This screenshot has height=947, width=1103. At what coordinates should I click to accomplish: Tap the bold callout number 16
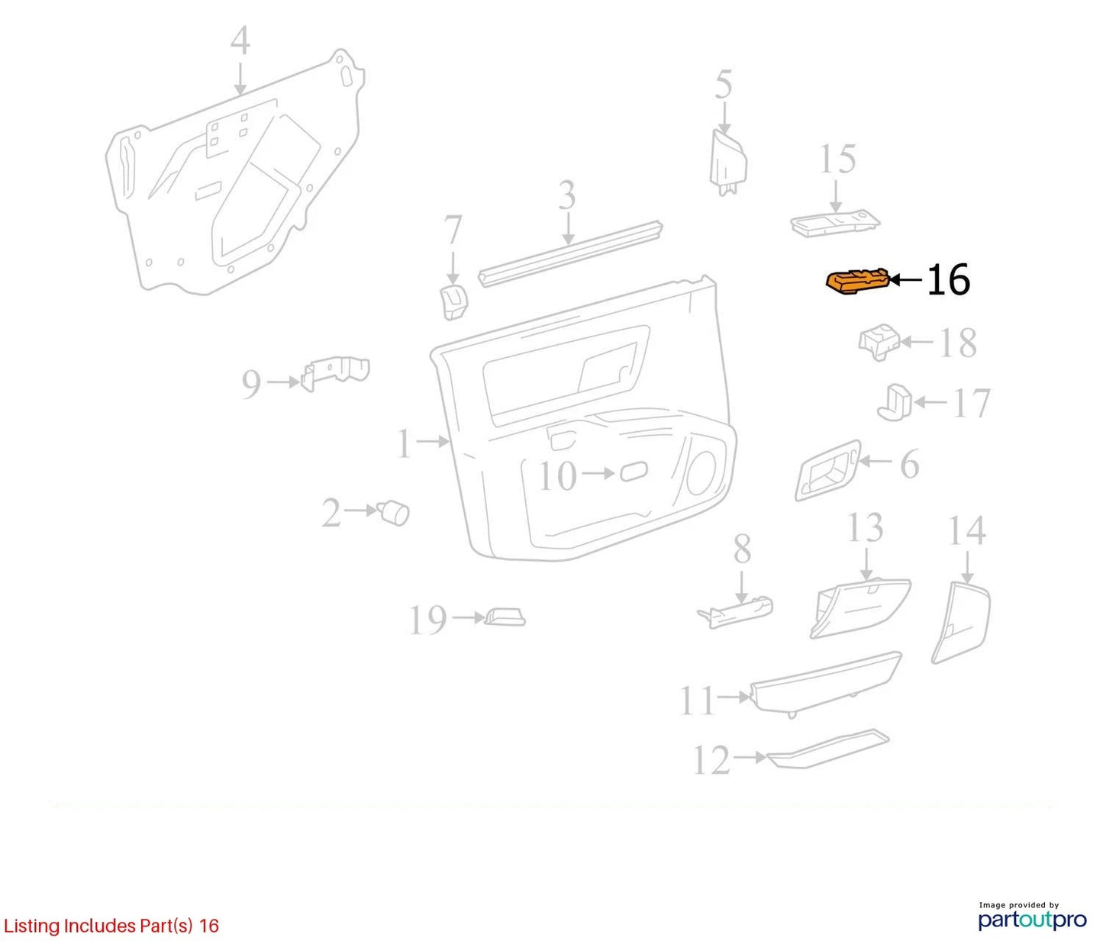948,280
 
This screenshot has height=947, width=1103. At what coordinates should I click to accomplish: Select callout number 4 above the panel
240,41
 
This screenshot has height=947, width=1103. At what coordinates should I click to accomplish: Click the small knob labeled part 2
395,514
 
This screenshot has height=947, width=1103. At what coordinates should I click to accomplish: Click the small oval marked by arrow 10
634,472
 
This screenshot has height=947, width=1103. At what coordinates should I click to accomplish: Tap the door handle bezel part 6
827,471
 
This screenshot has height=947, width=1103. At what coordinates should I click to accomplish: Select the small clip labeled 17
895,403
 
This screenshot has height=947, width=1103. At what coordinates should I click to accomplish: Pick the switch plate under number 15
835,224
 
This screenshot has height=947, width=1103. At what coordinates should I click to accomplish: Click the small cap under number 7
453,302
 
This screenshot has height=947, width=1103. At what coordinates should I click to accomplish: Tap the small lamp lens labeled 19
505,617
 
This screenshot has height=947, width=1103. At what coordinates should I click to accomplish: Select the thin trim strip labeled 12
828,751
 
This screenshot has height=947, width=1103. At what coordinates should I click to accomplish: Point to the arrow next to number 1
434,441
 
